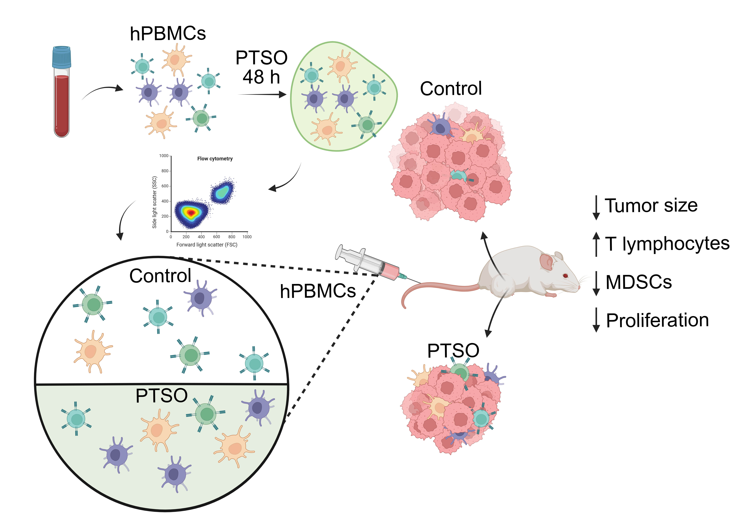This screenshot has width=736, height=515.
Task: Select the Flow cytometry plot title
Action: (x=215, y=159)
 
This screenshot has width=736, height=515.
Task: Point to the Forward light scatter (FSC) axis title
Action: (x=207, y=245)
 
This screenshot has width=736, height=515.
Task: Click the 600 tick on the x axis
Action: (x=216, y=237)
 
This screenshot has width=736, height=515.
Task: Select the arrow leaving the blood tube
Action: (x=103, y=91)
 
